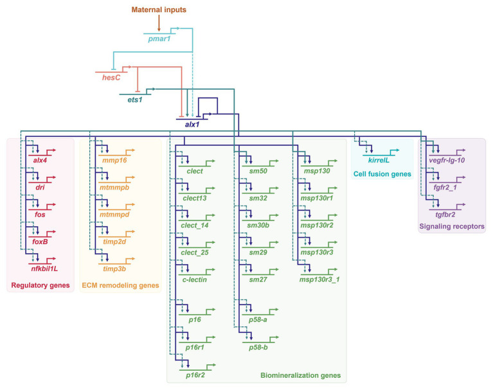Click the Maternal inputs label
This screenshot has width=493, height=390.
159,10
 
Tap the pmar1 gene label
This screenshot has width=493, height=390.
159,39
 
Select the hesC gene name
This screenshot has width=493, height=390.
111,77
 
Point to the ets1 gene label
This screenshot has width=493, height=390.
135,100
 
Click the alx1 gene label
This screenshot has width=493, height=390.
192,125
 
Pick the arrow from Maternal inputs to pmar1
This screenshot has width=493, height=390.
159,23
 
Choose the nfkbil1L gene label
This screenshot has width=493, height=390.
44,269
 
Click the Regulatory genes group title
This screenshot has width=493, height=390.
40,285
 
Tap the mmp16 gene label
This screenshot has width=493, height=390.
114,160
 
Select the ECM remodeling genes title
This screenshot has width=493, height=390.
120,285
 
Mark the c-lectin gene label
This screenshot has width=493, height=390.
195,279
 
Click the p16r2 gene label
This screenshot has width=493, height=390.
195,375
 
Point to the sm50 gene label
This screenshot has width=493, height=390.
258,172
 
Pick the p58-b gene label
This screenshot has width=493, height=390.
258,348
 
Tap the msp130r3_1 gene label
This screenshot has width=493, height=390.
319,279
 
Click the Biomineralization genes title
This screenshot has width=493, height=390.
301,375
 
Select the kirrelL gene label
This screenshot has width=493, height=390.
379,160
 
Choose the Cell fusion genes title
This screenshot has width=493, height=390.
382,174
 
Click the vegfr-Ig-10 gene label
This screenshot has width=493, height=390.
447,160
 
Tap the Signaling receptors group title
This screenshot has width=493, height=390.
452,227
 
